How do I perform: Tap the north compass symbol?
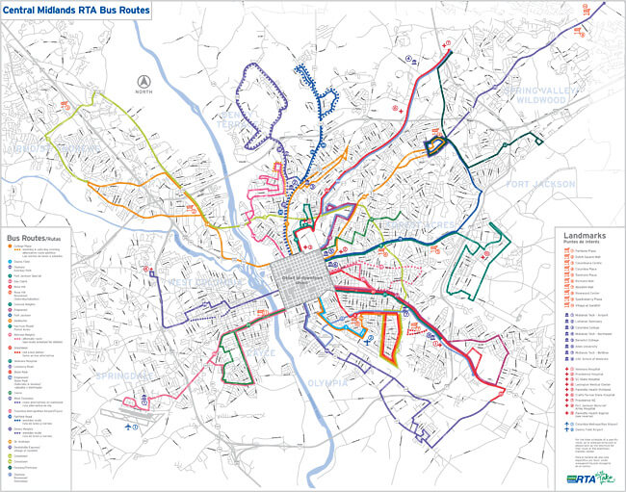tap(145, 82)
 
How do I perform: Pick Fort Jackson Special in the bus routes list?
tap(30, 275)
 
